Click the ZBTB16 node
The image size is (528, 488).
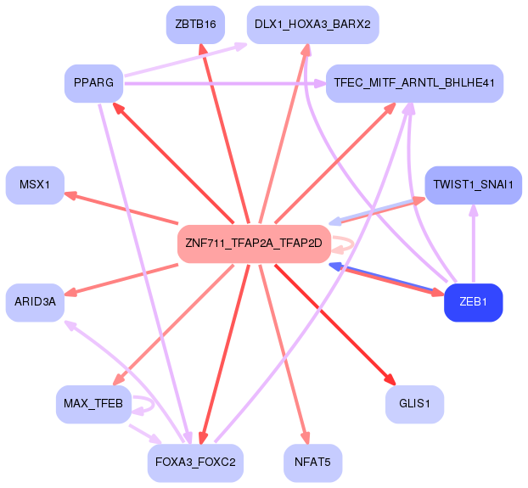click(195, 24)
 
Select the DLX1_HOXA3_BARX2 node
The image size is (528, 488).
click(312, 24)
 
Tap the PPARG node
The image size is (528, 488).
click(93, 83)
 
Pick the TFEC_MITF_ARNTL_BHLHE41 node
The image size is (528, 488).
click(415, 84)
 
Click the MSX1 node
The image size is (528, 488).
click(35, 184)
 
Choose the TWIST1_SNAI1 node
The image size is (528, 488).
click(473, 184)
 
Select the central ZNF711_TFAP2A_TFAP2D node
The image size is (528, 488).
click(253, 244)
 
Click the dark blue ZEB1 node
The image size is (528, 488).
click(473, 302)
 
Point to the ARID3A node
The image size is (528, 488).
click(35, 302)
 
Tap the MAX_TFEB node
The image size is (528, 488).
click(93, 403)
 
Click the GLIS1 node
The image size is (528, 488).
click(414, 403)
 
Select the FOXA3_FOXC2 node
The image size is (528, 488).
click(195, 463)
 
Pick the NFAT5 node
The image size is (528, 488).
click(312, 463)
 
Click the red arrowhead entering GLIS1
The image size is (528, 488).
click(390, 380)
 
